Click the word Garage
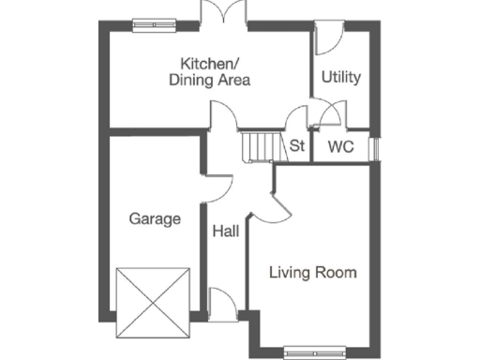click(155, 219)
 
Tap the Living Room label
click(313, 274)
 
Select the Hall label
click(225, 232)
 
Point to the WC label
click(339, 146)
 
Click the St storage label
click(297, 146)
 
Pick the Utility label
click(341, 78)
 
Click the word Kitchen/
click(210, 64)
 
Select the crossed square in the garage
click(153, 302)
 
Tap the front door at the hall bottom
click(223, 304)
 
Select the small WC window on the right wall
click(376, 150)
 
